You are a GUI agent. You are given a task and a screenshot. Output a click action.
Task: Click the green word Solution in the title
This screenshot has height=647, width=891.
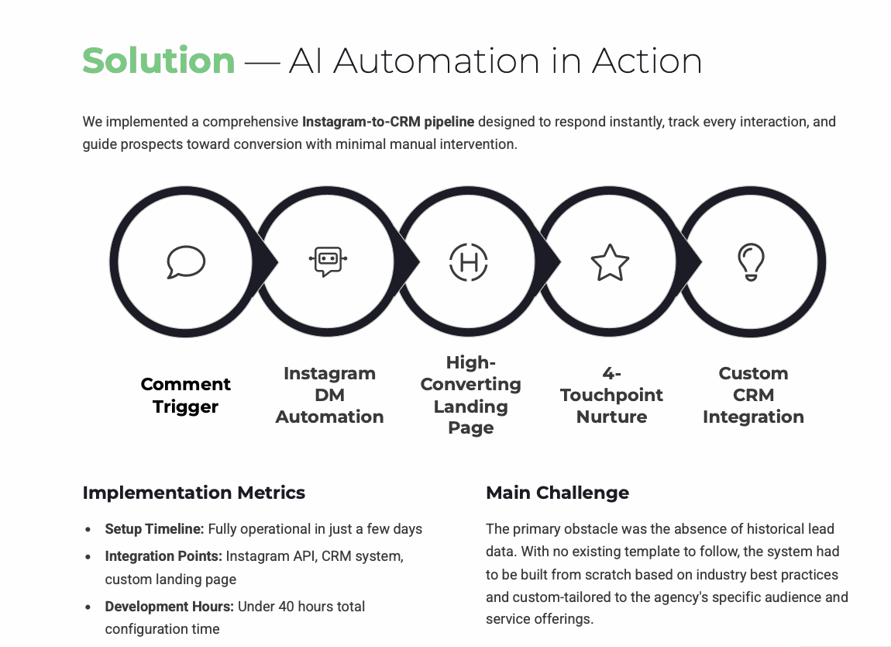pyautogui.click(x=159, y=61)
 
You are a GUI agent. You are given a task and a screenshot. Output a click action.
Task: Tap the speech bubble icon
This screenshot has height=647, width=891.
pyautogui.click(x=186, y=262)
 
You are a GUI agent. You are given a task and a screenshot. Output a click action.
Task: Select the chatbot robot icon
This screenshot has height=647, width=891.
pyautogui.click(x=328, y=261)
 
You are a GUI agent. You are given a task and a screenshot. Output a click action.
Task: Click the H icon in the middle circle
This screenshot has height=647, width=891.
pyautogui.click(x=470, y=262)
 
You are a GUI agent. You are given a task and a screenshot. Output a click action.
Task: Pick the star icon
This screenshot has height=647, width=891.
pyautogui.click(x=611, y=262)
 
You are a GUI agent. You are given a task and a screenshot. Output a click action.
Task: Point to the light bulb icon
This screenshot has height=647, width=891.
pyautogui.click(x=751, y=262)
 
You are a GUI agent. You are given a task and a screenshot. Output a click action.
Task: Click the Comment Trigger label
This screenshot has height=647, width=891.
pyautogui.click(x=186, y=396)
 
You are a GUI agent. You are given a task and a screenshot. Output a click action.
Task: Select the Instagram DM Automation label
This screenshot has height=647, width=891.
pyautogui.click(x=329, y=395)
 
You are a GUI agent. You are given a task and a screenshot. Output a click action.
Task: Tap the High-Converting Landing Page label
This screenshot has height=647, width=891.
pyautogui.click(x=470, y=395)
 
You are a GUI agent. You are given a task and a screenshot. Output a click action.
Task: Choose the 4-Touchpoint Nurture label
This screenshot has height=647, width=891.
pyautogui.click(x=611, y=395)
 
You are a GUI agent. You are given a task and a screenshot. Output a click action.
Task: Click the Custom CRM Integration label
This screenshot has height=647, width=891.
pyautogui.click(x=753, y=395)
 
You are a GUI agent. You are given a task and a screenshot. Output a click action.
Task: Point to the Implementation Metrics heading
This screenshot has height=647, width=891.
pyautogui.click(x=194, y=493)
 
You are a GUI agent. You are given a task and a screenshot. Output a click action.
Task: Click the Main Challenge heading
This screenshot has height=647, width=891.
pyautogui.click(x=557, y=493)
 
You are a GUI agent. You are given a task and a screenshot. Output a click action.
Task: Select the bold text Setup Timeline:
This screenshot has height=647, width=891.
pyautogui.click(x=154, y=529)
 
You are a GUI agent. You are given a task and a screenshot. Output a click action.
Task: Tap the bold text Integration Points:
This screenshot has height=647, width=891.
pyautogui.click(x=163, y=556)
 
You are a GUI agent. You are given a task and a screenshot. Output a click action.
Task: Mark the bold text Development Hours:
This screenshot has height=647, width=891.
pyautogui.click(x=170, y=607)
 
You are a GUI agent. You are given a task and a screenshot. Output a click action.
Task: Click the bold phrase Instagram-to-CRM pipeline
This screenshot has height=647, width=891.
pyautogui.click(x=388, y=122)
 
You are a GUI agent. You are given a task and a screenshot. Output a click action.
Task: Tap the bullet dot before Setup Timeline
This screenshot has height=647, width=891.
pyautogui.click(x=90, y=530)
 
